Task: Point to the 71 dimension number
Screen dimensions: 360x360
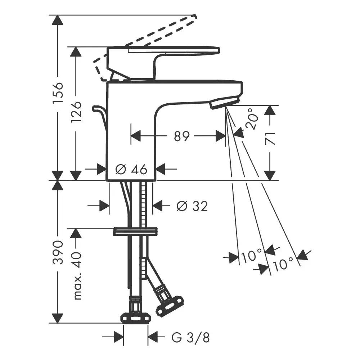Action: [271, 139]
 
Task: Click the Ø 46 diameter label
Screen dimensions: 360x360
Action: [131, 169]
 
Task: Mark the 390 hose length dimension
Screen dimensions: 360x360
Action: [58, 252]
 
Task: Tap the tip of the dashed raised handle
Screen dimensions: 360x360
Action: [195, 17]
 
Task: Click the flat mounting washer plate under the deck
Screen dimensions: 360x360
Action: [135, 231]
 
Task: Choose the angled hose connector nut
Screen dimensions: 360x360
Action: [169, 304]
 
